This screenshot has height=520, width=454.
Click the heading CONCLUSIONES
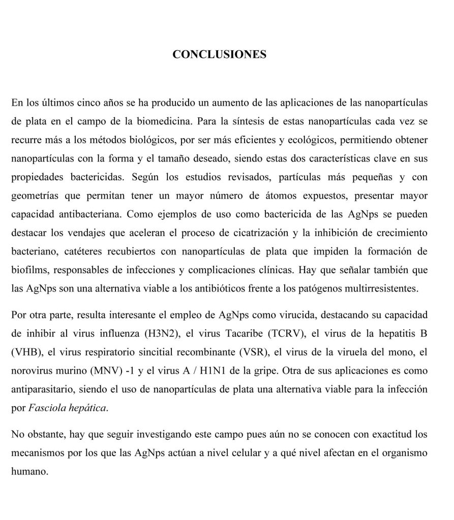point(219,54)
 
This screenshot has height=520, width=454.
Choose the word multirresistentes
point(376,288)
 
